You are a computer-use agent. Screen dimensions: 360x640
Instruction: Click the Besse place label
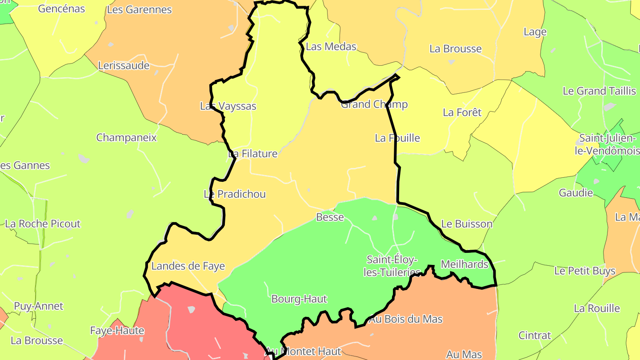pos(330,217)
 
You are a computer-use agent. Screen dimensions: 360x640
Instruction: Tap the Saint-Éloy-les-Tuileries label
pos(392,266)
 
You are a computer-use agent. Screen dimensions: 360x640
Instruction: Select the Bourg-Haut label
pos(299,299)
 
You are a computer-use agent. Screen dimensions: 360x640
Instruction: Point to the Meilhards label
pos(464,264)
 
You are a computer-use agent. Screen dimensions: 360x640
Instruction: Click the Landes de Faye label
pos(188,266)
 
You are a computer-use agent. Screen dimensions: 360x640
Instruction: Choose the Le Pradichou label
pos(235,194)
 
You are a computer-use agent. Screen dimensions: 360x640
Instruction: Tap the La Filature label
pos(252,154)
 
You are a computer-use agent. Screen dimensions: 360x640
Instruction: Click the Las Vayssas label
pos(228,106)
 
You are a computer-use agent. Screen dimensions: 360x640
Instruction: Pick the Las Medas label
pos(331,47)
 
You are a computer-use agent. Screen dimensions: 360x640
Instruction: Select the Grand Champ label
pos(374,104)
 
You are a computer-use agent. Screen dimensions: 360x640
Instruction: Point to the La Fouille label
pos(397,138)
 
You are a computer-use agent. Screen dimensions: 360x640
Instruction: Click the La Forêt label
pos(462,113)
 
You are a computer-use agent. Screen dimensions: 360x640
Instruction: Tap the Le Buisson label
pos(467,224)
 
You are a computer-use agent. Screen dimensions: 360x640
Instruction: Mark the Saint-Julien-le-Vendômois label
pos(608,145)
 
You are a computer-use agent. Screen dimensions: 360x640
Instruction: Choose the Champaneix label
pos(127,138)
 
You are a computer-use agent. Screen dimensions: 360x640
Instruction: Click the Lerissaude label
pos(124,66)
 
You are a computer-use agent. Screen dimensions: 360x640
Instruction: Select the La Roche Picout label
pos(43,224)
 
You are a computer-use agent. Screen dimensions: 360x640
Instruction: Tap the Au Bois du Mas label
pos(406,319)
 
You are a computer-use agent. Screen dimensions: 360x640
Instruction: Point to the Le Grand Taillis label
pos(599,91)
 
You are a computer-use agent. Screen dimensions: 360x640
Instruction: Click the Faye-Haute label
pos(117,331)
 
